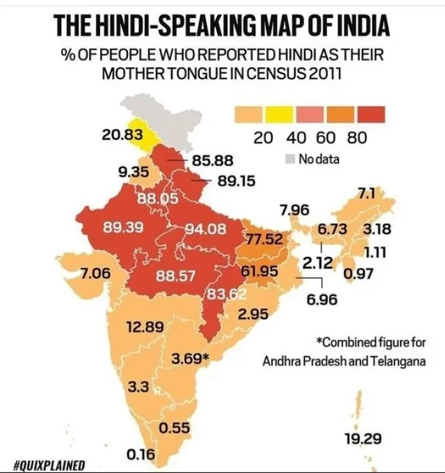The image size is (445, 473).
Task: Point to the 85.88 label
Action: tap(213, 160)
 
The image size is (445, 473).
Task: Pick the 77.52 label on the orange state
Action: tap(265, 240)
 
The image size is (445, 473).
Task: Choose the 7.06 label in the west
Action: tap(95, 274)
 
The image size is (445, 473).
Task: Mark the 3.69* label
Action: tap(191, 359)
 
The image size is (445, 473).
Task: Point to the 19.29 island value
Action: tap(362, 439)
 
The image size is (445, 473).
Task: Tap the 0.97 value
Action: tap(359, 274)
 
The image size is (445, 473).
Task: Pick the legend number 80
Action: tap(357, 138)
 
